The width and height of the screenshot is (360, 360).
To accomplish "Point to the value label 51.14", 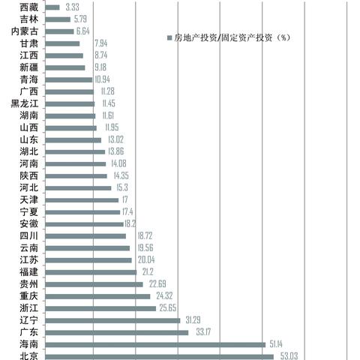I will (279, 344).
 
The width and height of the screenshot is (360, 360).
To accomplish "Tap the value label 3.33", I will (73, 7).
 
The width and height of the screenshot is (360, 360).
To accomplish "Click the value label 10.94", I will (102, 79).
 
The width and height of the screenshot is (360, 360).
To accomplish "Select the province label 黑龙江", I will (26, 103).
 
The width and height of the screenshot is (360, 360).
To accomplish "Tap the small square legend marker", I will (169, 37).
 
